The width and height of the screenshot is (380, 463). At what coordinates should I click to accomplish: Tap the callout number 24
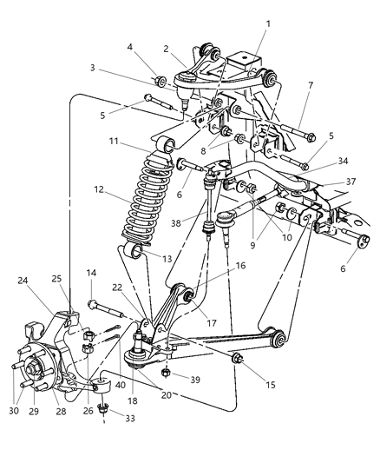coord(21,280)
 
